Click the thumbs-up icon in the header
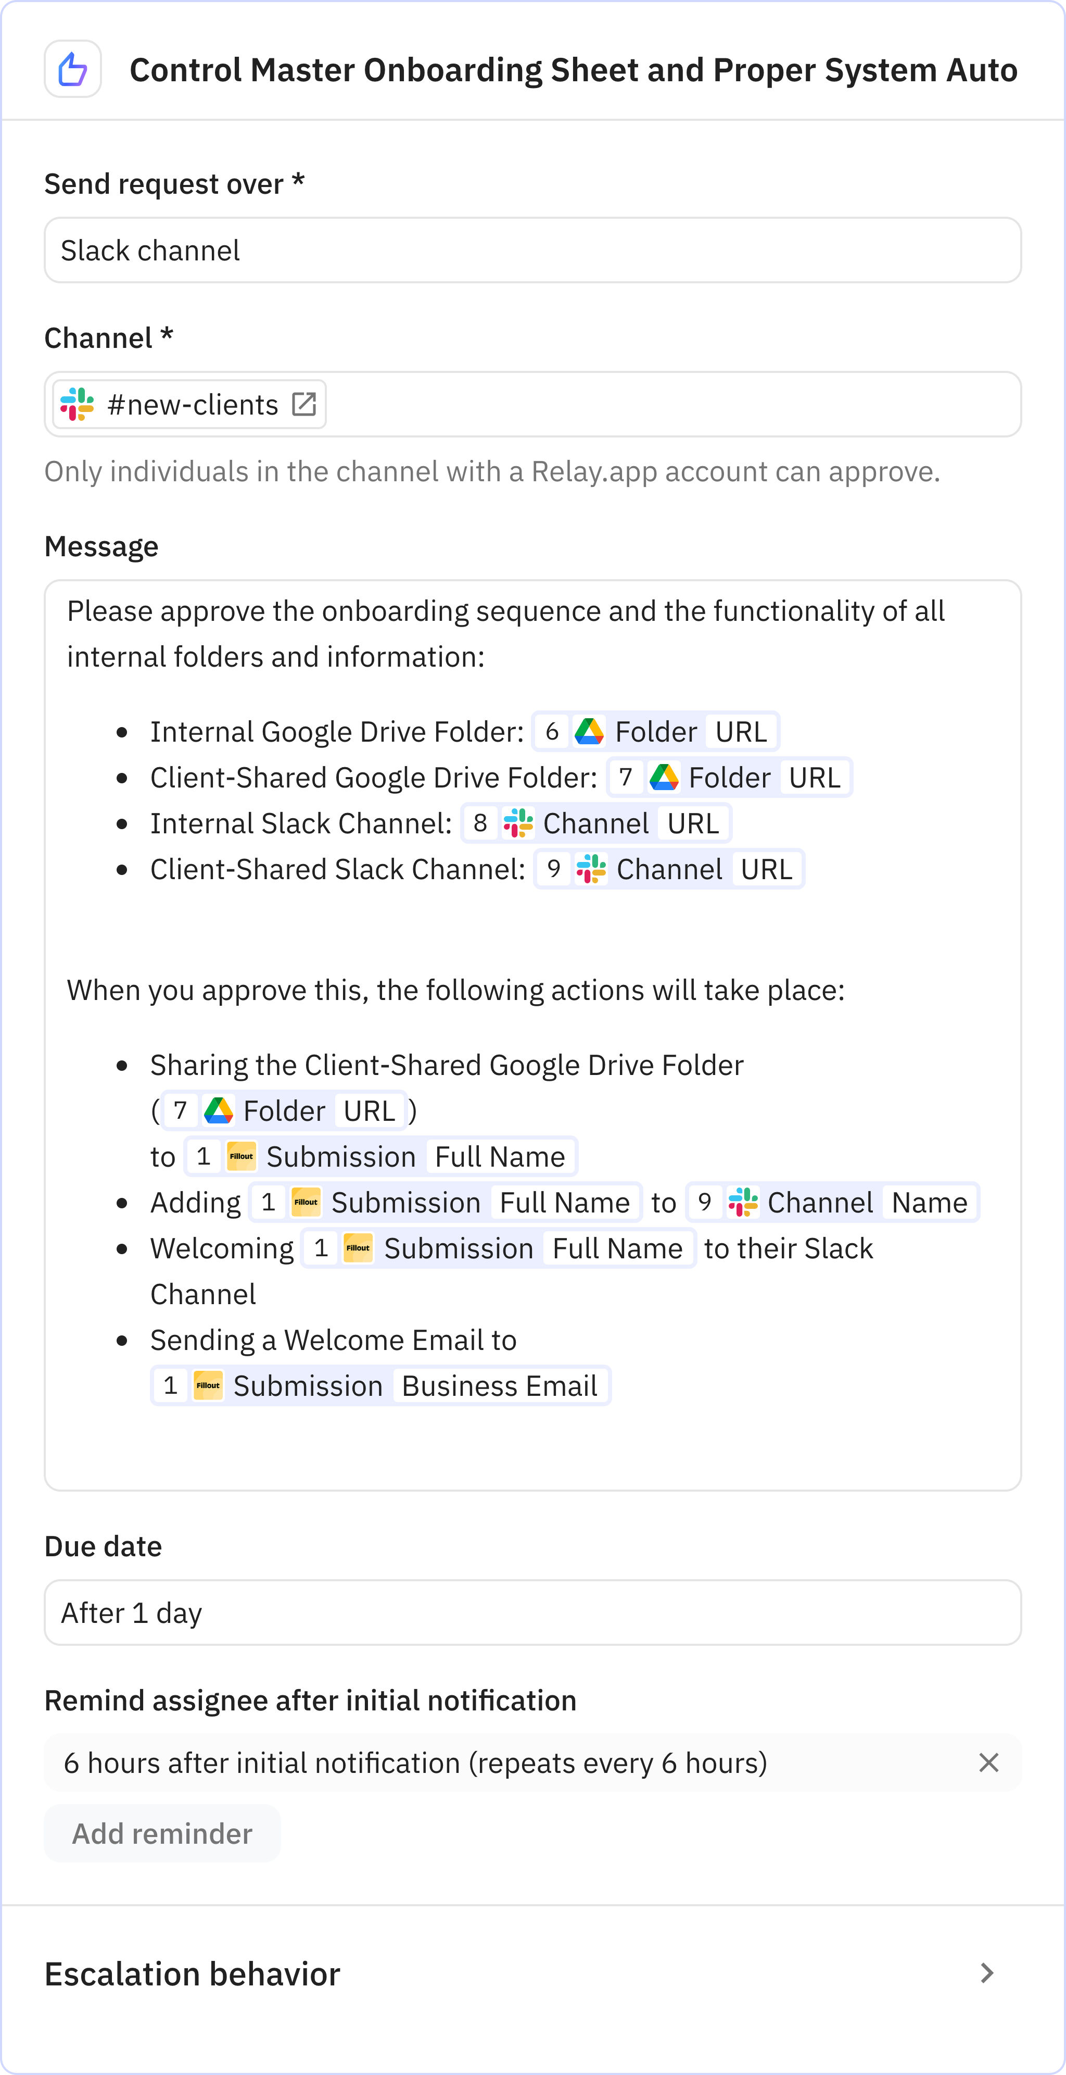72,69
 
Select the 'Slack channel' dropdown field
532,251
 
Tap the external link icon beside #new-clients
303,404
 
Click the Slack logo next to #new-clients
77,404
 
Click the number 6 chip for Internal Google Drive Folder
552,731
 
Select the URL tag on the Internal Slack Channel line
692,823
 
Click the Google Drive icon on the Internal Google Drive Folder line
589,731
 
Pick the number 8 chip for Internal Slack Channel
480,823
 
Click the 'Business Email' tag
499,1385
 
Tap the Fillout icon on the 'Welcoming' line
358,1248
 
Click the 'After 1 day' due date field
532,1613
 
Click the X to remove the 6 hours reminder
989,1763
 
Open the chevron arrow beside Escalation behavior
987,1973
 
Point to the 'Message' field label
101,546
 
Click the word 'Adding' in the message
196,1203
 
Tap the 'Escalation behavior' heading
193,1973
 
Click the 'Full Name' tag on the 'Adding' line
564,1203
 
